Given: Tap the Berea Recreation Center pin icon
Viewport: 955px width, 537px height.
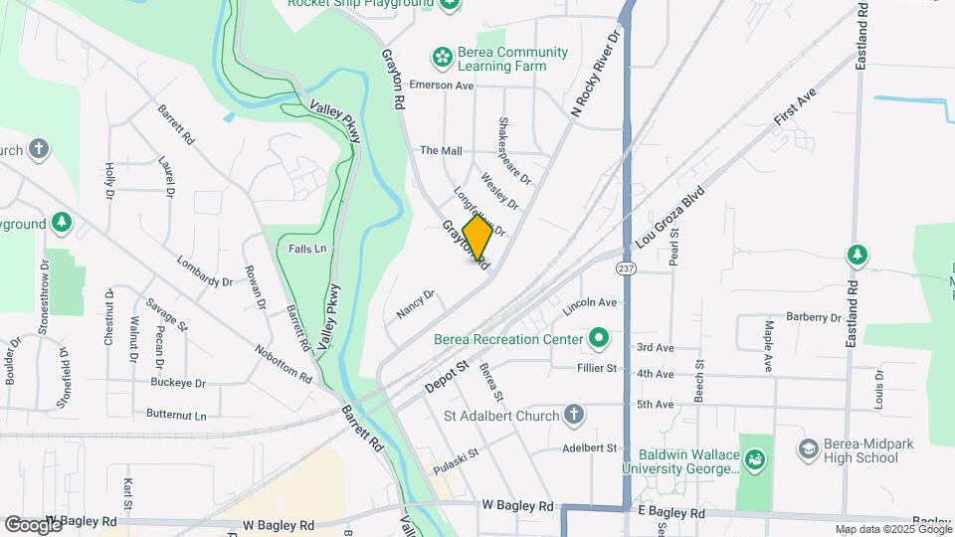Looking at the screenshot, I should click(598, 339).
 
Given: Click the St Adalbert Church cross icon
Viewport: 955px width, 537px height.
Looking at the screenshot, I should click(573, 414).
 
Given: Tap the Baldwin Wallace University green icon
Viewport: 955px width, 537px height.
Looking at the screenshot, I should click(754, 460).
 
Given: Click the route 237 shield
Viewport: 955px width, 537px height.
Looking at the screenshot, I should click(626, 268).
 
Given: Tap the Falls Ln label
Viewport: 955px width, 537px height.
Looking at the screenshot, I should click(307, 248).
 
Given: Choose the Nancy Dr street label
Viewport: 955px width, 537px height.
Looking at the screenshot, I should click(416, 303).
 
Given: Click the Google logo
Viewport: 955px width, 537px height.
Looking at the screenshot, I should click(33, 524).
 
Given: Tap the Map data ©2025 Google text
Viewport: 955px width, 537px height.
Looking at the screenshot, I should click(892, 529).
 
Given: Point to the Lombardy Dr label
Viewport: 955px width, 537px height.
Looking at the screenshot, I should click(204, 272).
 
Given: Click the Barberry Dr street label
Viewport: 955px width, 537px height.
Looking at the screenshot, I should click(813, 317).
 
